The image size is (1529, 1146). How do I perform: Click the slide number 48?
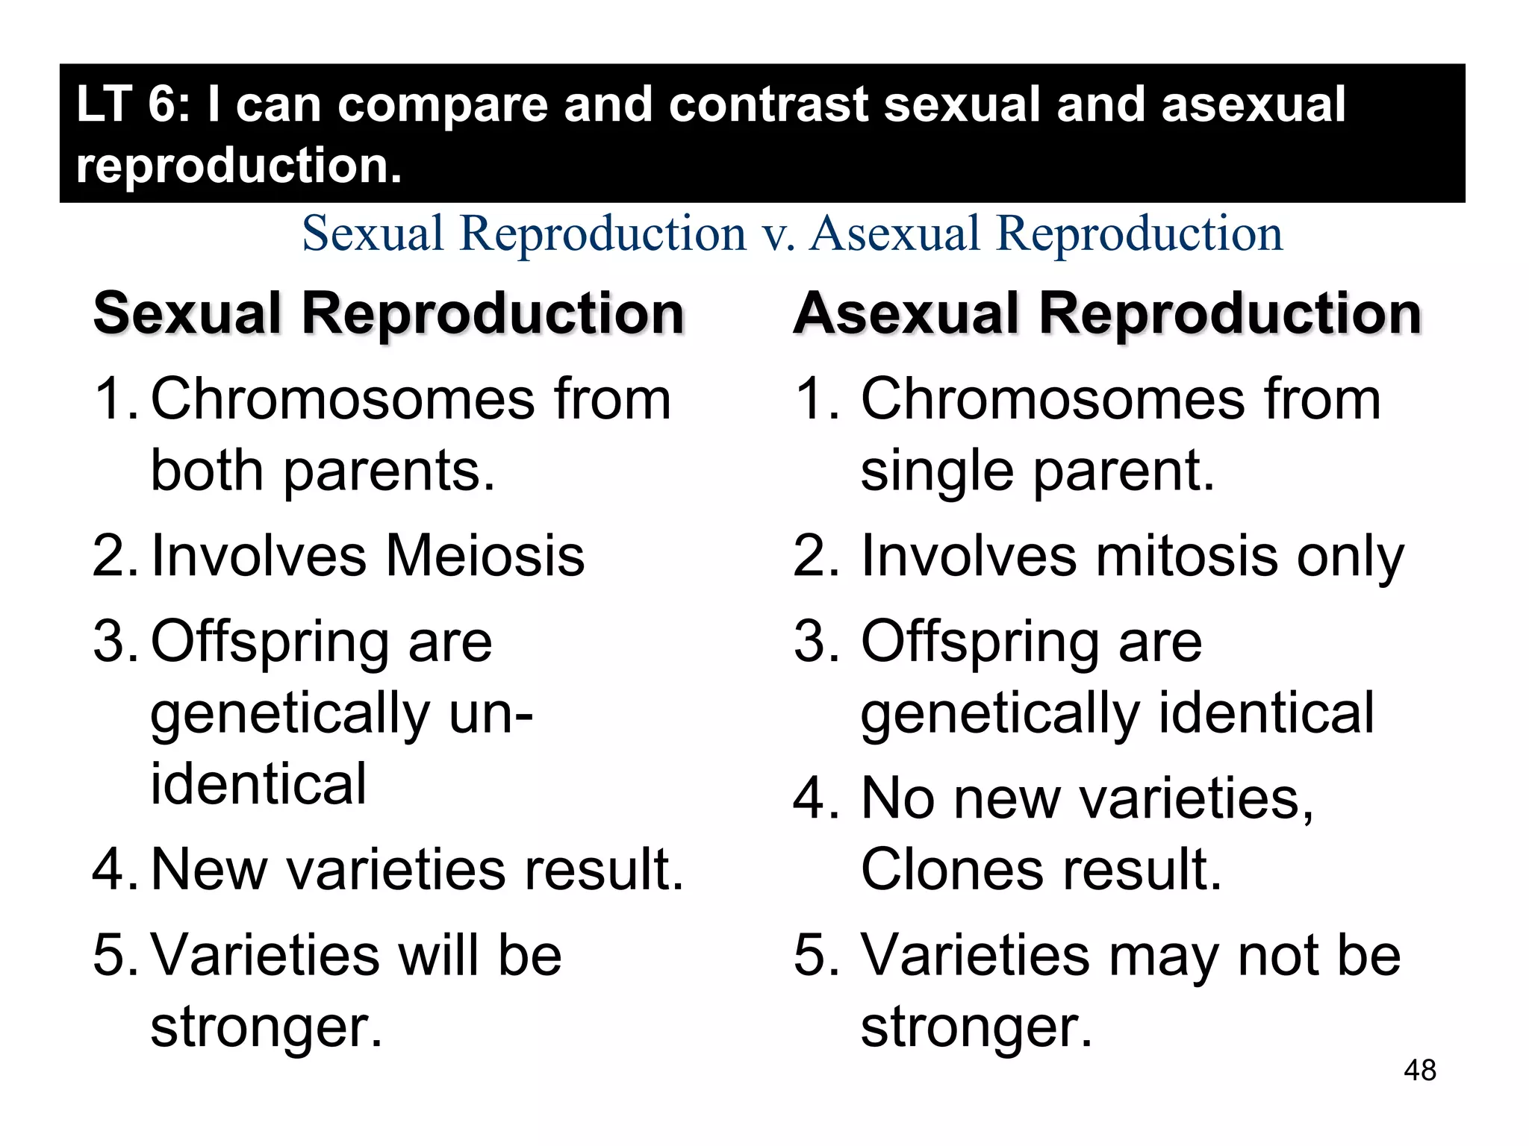coord(1419,1070)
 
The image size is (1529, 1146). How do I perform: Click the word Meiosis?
coord(485,556)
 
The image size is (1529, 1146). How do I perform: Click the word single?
coord(937,472)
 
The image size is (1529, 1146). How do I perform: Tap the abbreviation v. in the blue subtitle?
coord(778,234)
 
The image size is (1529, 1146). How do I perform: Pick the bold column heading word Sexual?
coord(187,313)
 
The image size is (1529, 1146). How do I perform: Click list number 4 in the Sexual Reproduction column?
coord(111,869)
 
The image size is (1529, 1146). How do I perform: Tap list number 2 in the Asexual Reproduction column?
coord(815,556)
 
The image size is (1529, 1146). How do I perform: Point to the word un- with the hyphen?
coord(491,713)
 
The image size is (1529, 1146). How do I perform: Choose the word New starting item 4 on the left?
coord(209,869)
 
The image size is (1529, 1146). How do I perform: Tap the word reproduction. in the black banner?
coord(239,165)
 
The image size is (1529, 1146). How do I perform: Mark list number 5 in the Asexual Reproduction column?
coord(815,955)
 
